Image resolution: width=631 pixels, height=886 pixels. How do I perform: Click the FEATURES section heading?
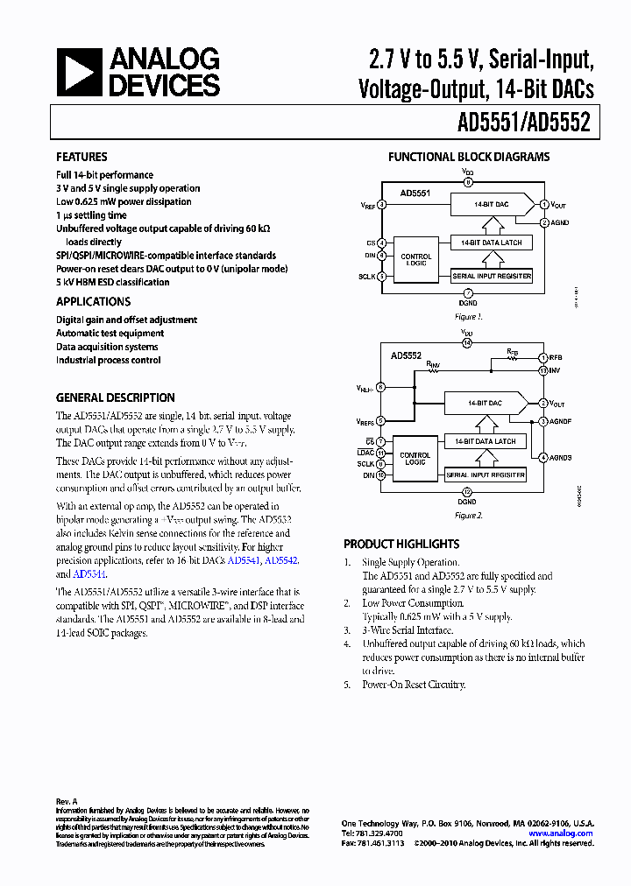tap(82, 157)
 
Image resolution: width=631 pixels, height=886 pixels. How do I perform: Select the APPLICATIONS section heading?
tap(95, 301)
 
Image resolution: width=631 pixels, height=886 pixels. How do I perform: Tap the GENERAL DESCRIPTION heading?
tap(116, 397)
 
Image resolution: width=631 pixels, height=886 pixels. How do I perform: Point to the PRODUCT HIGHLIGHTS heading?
tap(401, 544)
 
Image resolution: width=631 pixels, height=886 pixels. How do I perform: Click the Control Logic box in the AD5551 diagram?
tap(416, 259)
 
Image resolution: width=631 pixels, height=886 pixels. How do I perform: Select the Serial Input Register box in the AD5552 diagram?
tap(486, 475)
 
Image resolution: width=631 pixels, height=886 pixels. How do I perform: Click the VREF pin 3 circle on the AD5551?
tap(381, 204)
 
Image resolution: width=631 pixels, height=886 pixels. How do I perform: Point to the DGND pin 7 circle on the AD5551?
tap(468, 292)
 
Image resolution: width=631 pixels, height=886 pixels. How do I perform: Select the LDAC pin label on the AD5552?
tap(365, 453)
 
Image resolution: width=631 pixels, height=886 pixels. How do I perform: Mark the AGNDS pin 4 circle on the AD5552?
tap(543, 457)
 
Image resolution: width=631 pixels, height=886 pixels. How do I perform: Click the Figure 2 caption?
tap(468, 516)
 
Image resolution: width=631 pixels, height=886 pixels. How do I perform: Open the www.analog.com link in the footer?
tap(561, 833)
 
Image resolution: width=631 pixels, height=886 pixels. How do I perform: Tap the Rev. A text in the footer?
tap(67, 801)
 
